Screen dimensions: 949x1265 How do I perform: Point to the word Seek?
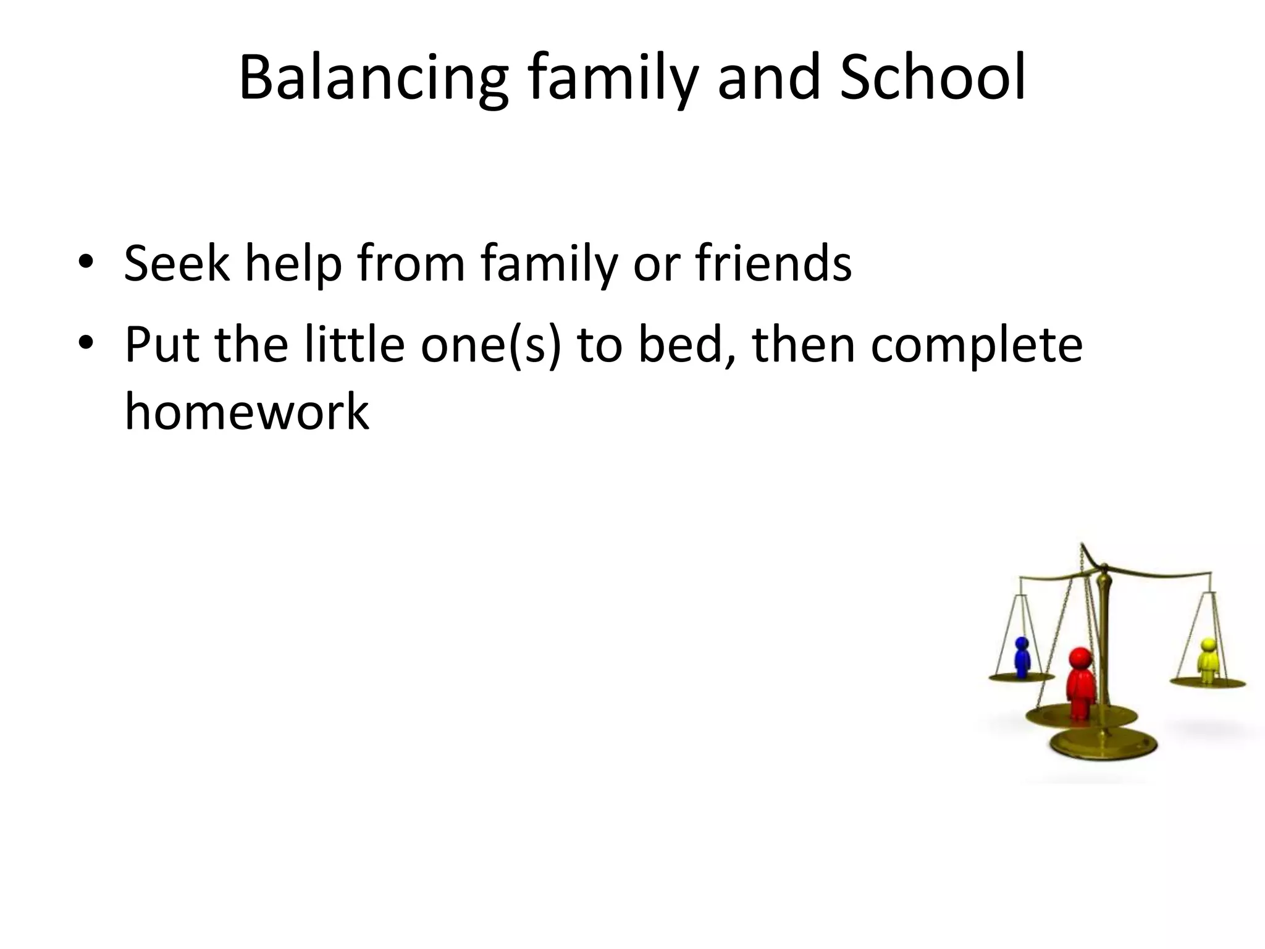pyautogui.click(x=176, y=263)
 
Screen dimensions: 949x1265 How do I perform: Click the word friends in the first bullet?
pyautogui.click(x=773, y=263)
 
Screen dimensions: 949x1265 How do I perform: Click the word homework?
pyautogui.click(x=246, y=411)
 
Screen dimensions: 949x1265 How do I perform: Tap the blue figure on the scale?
pyautogui.click(x=1022, y=657)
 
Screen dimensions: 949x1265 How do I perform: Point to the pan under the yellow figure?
pyautogui.click(x=1208, y=683)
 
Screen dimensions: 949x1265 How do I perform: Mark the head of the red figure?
pyautogui.click(x=1080, y=657)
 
